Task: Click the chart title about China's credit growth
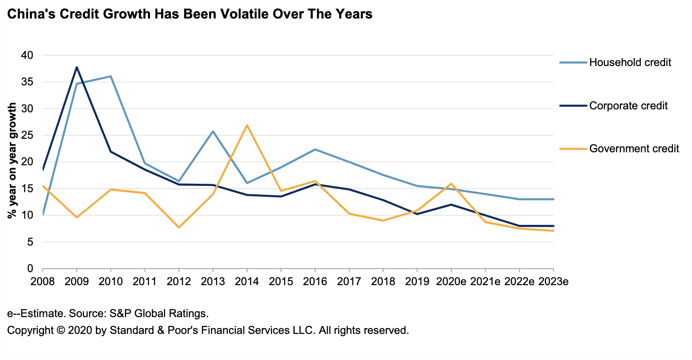pyautogui.click(x=190, y=14)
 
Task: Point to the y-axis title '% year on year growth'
pyautogui.click(x=12, y=160)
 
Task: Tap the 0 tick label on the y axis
pyautogui.click(x=30, y=269)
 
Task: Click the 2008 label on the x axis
pyautogui.click(x=43, y=281)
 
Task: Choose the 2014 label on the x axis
pyautogui.click(x=247, y=281)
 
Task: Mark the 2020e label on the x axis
pyautogui.click(x=451, y=281)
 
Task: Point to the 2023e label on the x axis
pyautogui.click(x=553, y=281)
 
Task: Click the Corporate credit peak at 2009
pyautogui.click(x=77, y=67)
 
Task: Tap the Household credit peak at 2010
pyautogui.click(x=111, y=77)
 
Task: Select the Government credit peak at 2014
pyautogui.click(x=247, y=125)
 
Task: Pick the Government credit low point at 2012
pyautogui.click(x=179, y=228)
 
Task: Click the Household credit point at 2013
pyautogui.click(x=213, y=131)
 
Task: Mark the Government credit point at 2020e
pyautogui.click(x=451, y=184)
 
